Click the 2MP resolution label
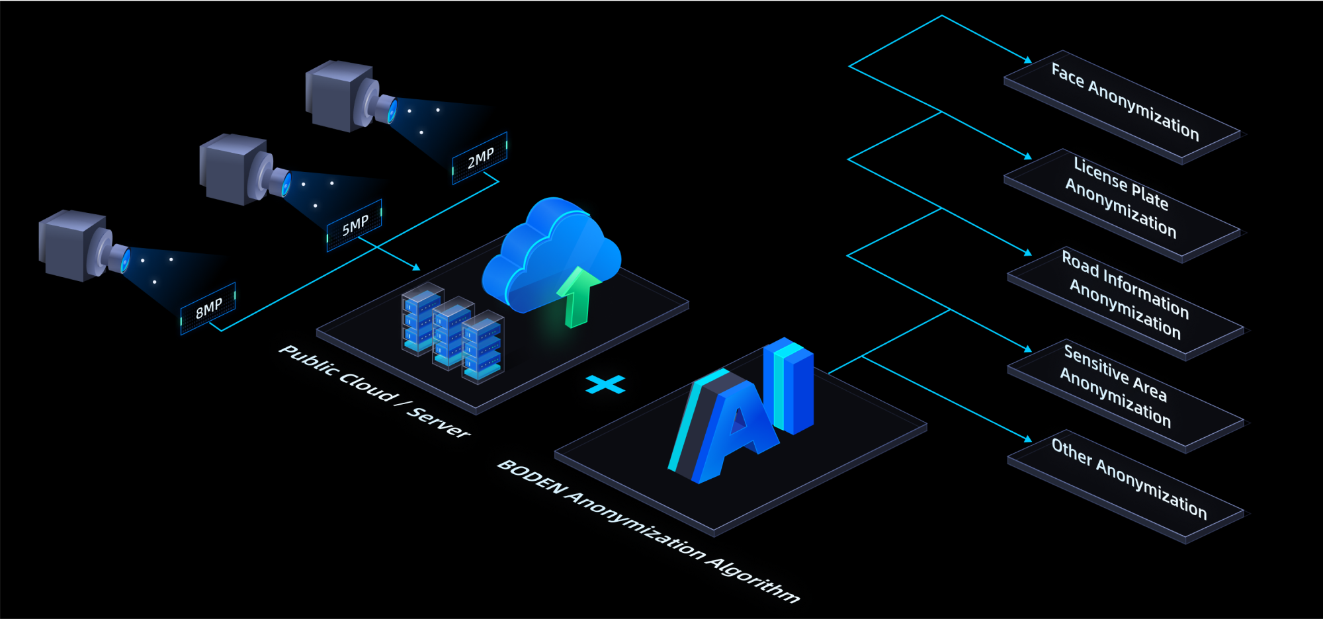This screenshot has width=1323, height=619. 480,157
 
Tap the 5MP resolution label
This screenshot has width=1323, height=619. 355,226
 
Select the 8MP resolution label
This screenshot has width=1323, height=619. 208,308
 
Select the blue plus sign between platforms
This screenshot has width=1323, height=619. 605,384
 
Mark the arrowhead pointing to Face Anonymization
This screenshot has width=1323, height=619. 1028,60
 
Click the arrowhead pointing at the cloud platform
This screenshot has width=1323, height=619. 416,267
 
